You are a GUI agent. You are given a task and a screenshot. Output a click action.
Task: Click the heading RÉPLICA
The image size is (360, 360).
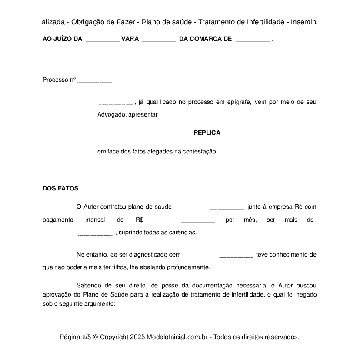pyautogui.click(x=207, y=133)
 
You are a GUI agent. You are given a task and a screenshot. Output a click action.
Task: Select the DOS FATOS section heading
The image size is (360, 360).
pyautogui.click(x=60, y=188)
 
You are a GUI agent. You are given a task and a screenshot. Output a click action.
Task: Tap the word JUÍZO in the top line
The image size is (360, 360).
pyautogui.click(x=62, y=39)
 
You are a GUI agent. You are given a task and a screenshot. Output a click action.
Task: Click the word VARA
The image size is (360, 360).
pyautogui.click(x=130, y=39)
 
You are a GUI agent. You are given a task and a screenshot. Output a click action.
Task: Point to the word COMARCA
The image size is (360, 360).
pyautogui.click(x=207, y=39)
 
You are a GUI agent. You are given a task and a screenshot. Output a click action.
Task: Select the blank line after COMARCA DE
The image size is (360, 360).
pyautogui.click(x=253, y=40)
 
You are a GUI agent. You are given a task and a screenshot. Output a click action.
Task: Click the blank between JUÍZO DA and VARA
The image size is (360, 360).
pyautogui.click(x=103, y=40)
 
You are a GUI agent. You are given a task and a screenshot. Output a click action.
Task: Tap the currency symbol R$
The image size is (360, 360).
pyautogui.click(x=140, y=220)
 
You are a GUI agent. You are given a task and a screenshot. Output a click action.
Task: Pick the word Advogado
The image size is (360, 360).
pyautogui.click(x=111, y=115)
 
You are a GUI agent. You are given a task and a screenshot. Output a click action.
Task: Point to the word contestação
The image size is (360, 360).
pyautogui.click(x=199, y=152)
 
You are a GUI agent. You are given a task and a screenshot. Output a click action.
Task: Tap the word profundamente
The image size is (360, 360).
pyautogui.click(x=189, y=267)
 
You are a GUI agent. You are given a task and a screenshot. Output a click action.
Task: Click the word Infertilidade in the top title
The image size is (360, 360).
pyautogui.click(x=265, y=22)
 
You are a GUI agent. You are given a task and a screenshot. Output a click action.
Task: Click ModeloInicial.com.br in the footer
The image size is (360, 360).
pyautogui.click(x=178, y=337)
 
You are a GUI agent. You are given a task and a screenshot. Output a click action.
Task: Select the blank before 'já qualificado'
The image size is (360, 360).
pyautogui.click(x=116, y=103)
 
